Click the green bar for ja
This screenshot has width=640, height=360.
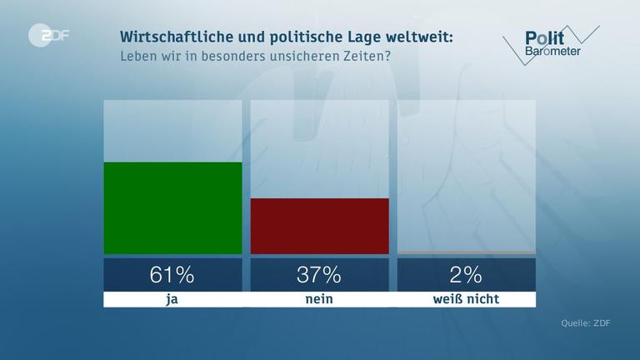172,207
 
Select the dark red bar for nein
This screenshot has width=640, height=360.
319,226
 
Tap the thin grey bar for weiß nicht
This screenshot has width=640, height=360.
467,252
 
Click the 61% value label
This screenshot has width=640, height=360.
172,274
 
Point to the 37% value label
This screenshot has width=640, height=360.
319,274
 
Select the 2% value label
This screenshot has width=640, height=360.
467,274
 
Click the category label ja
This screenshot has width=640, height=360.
172,299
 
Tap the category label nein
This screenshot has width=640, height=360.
319,299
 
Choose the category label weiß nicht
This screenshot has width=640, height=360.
467,299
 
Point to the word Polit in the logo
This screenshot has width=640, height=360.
544,37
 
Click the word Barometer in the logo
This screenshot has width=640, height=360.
552,52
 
